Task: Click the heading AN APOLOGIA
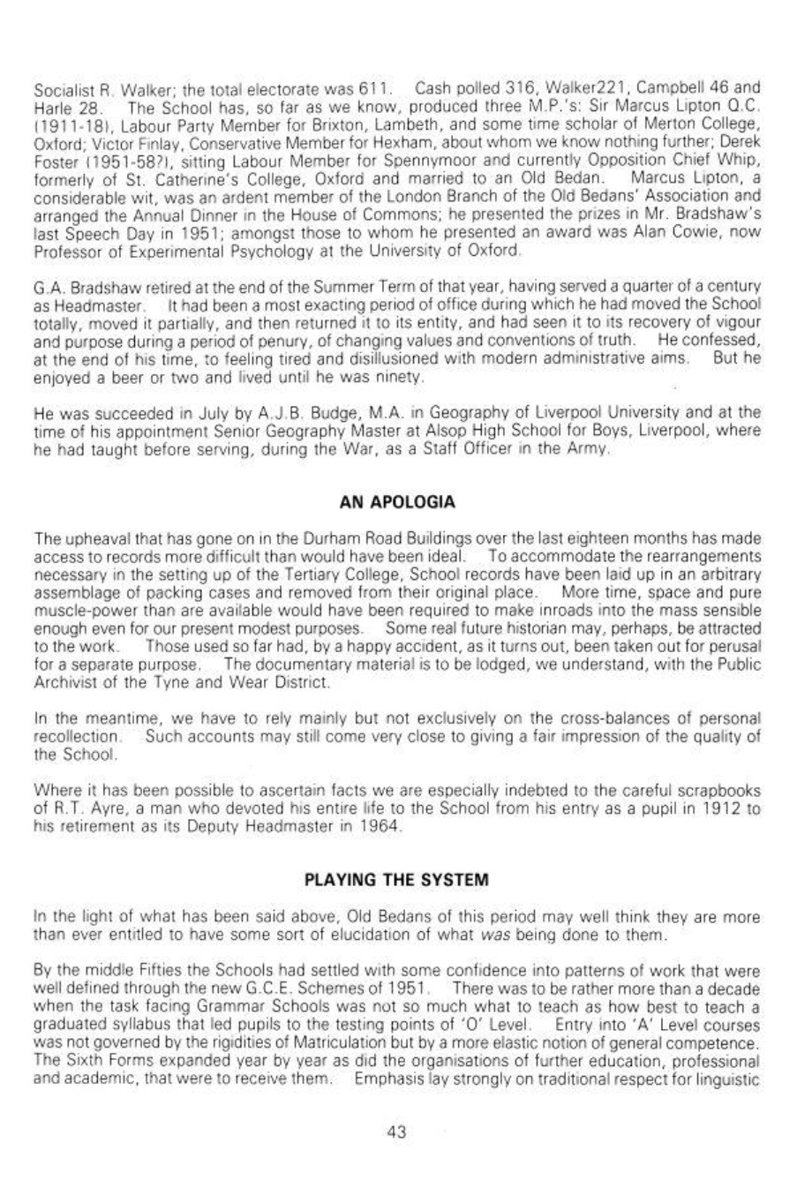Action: (397, 502)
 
